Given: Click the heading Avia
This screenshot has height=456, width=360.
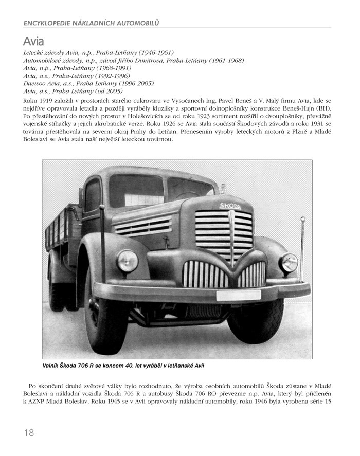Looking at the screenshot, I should coord(33,41).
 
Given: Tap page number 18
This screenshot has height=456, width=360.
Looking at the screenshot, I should coord(29,432).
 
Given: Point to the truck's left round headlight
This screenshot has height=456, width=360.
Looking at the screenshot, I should coord(127,261).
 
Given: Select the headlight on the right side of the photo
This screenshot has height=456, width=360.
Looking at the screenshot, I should coord(289,263).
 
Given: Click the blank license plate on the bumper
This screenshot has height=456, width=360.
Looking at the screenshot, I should coord(238,296).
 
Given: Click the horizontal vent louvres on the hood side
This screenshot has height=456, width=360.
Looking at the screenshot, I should coord(142,225).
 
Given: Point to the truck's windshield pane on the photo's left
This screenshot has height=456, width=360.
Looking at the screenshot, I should coord(136,190).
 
